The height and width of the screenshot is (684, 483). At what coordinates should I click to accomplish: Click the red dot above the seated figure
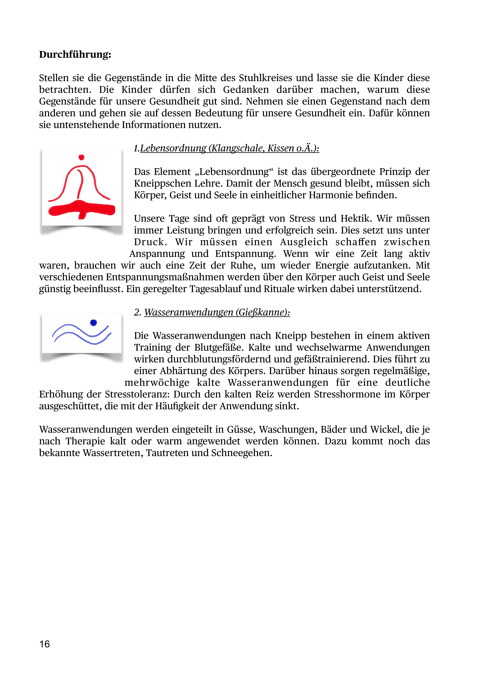click(x=81, y=157)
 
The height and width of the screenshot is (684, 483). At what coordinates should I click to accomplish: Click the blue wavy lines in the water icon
click(x=81, y=334)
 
